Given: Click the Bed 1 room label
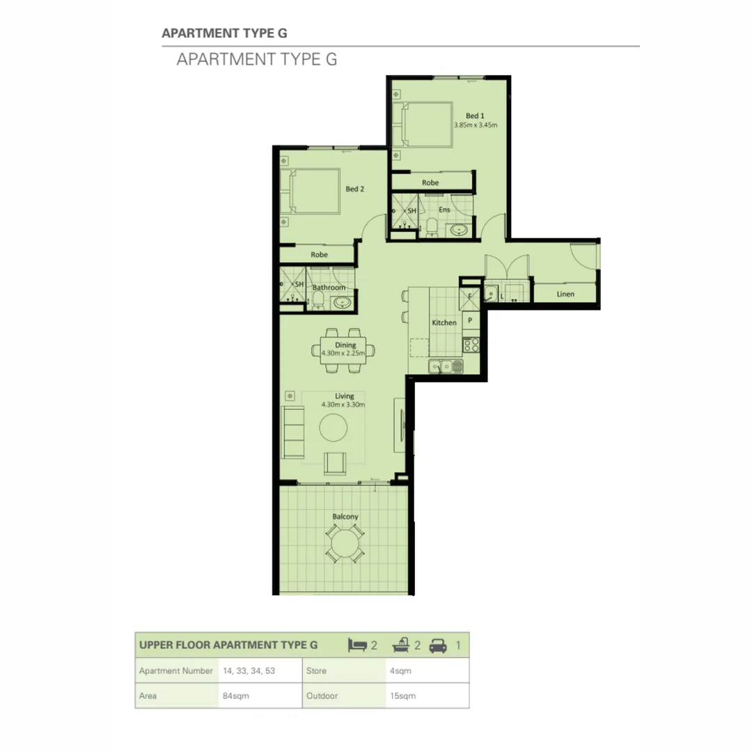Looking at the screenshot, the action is (475, 116).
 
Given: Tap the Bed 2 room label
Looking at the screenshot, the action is (355, 189).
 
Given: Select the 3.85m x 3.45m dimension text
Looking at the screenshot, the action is (476, 125).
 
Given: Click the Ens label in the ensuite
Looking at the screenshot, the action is (444, 210).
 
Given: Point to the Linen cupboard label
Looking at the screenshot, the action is (565, 294).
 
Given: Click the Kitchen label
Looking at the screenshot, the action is (444, 323).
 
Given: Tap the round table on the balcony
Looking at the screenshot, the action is (345, 543).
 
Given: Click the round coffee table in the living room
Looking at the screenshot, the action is (334, 428).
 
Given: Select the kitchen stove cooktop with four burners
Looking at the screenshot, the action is (471, 345).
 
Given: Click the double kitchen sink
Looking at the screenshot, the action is (446, 367).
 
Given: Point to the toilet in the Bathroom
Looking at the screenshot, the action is (318, 300).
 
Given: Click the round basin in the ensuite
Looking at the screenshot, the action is (459, 230).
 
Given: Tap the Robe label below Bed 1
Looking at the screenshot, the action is (430, 182).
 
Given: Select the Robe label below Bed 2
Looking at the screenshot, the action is (319, 255).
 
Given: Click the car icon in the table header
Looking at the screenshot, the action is (438, 646).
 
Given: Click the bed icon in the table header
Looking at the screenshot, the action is (357, 645).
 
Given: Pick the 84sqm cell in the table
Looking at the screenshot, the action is (235, 696).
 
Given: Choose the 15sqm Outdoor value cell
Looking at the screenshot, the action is (402, 696).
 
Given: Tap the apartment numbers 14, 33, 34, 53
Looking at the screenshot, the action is (249, 671).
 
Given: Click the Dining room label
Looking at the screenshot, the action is (345, 345).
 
